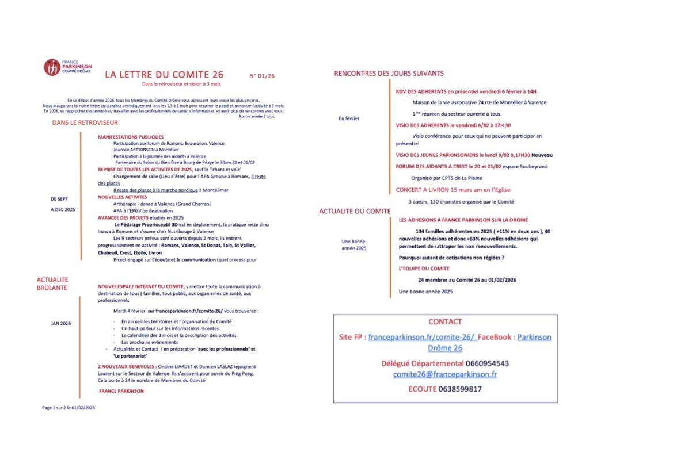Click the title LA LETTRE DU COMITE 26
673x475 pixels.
pyautogui.click(x=164, y=75)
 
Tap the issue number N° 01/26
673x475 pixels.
pyautogui.click(x=262, y=76)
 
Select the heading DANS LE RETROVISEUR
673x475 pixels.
pyautogui.click(x=85, y=123)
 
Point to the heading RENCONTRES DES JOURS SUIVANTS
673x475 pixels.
pyautogui.click(x=389, y=74)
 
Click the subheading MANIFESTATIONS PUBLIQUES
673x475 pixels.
pyautogui.click(x=131, y=137)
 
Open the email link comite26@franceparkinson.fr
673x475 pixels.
pyautogui.click(x=445, y=374)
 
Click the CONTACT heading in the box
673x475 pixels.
pyautogui.click(x=445, y=322)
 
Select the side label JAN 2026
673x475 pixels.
pyautogui.click(x=61, y=323)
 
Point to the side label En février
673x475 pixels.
pyautogui.click(x=349, y=118)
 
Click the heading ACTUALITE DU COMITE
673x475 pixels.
pyautogui.click(x=355, y=212)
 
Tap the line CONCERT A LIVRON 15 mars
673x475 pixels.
pyautogui.click(x=452, y=190)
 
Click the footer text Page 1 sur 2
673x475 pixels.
pyautogui.click(x=69, y=408)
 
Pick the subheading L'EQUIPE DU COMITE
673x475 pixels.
pyautogui.click(x=424, y=269)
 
